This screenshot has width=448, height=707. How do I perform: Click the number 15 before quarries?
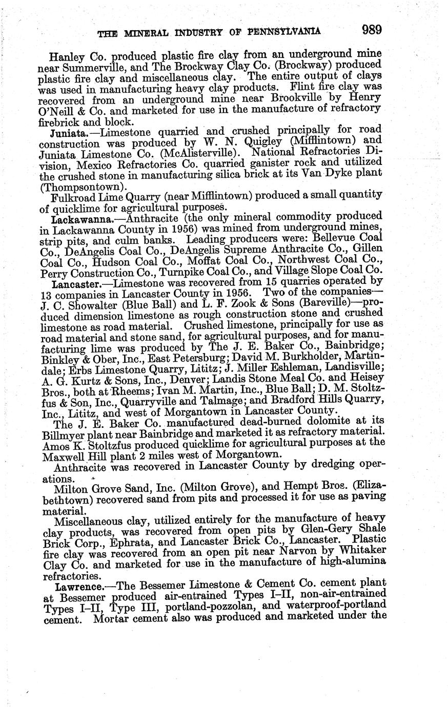[x=268, y=283]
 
